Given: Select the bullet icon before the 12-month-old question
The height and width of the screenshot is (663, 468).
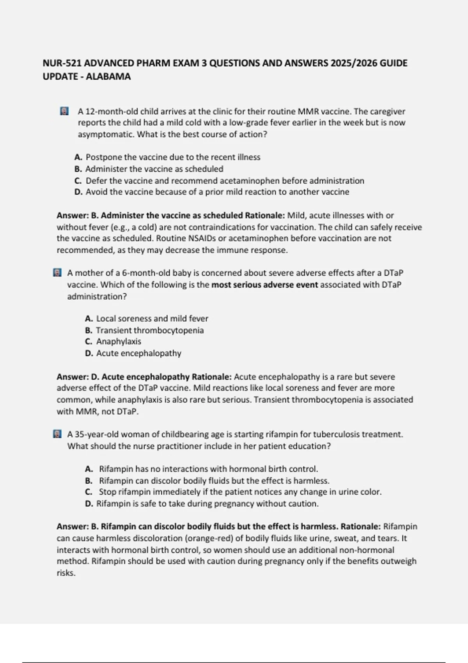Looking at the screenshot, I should pos(64,112).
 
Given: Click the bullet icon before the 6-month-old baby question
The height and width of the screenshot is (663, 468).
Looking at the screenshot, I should pos(57,273).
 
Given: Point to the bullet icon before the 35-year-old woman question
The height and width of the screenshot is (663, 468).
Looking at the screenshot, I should pos(57,434).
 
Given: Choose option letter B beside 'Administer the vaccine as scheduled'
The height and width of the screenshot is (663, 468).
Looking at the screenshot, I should pos(78,169).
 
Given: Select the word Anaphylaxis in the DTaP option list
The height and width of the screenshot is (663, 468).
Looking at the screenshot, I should pos(119,341).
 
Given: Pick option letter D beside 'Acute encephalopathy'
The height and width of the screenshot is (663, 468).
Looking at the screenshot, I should pos(89,353).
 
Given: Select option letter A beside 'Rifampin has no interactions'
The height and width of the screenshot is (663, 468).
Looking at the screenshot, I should pos(89,469).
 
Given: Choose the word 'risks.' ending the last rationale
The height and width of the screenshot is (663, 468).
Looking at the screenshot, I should pos(66,573).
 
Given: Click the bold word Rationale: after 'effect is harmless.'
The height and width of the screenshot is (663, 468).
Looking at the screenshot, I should pos(361,526).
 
